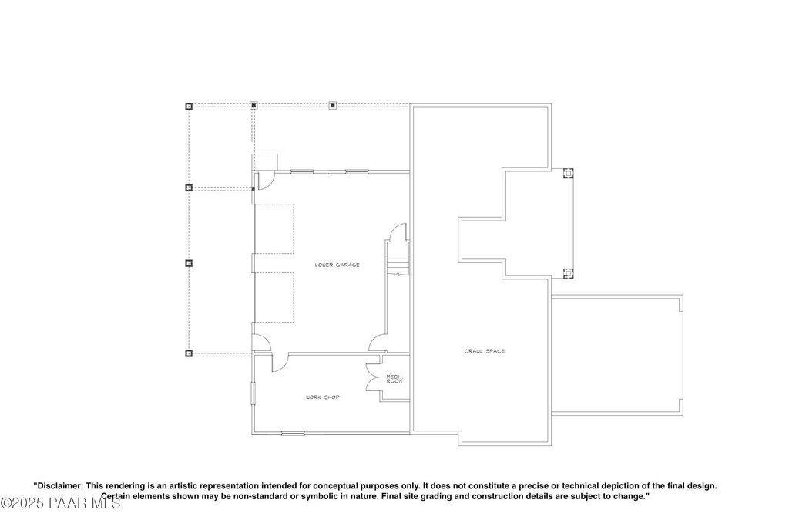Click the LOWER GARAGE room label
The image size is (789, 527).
pyautogui.click(x=337, y=265)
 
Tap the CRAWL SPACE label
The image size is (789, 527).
pyautogui.click(x=484, y=351)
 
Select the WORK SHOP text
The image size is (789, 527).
pyautogui.click(x=322, y=397)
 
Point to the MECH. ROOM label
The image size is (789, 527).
pyautogui.click(x=394, y=379)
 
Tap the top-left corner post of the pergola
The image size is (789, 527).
pyautogui.click(x=188, y=106)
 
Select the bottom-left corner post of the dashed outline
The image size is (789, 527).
pyautogui.click(x=188, y=353)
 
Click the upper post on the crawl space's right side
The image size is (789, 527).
pyautogui.click(x=568, y=174)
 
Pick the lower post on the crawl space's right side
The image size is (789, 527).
pyautogui.click(x=568, y=272)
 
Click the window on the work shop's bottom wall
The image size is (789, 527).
pyautogui.click(x=293, y=433)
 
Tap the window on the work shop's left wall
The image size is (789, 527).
pyautogui.click(x=253, y=393)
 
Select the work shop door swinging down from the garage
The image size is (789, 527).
pyautogui.click(x=279, y=361)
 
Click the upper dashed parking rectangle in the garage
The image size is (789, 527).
pyautogui.click(x=274, y=228)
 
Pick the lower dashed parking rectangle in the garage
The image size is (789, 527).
pyautogui.click(x=274, y=297)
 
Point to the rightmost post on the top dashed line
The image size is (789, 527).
pyautogui.click(x=333, y=105)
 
